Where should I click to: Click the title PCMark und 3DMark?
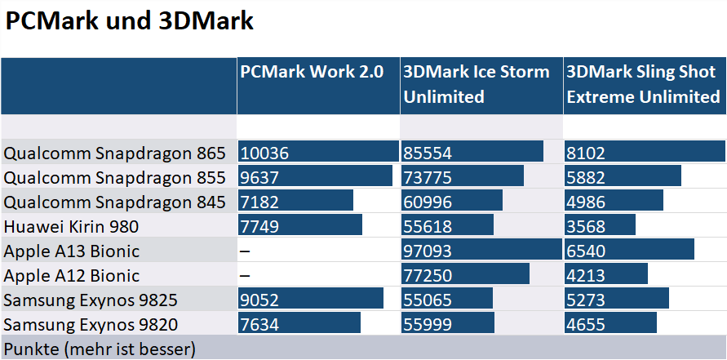pyautogui.click(x=130, y=22)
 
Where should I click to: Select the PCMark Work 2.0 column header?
pyautogui.click(x=312, y=72)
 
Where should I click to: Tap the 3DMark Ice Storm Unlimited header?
pyautogui.click(x=477, y=84)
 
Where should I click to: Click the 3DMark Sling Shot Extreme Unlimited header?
pyautogui.click(x=643, y=84)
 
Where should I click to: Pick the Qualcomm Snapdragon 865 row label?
pyautogui.click(x=113, y=153)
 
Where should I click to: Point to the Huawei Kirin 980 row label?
pyautogui.click(x=72, y=226)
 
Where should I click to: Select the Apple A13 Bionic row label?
pyautogui.click(x=72, y=251)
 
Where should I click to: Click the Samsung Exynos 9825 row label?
pyautogui.click(x=91, y=300)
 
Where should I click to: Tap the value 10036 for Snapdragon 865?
pyautogui.click(x=264, y=153)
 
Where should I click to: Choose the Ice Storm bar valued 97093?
pyautogui.click(x=481, y=251)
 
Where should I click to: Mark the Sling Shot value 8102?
pyautogui.click(x=587, y=153)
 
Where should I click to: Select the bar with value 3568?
pyautogui.click(x=600, y=226)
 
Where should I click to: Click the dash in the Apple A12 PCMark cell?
pyautogui.click(x=244, y=275)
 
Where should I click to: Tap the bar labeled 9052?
pyautogui.click(x=310, y=300)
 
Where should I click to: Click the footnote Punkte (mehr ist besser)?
pyautogui.click(x=100, y=350)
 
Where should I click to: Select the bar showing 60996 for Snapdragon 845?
pyautogui.click(x=452, y=202)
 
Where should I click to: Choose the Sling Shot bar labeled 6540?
pyautogui.click(x=629, y=251)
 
